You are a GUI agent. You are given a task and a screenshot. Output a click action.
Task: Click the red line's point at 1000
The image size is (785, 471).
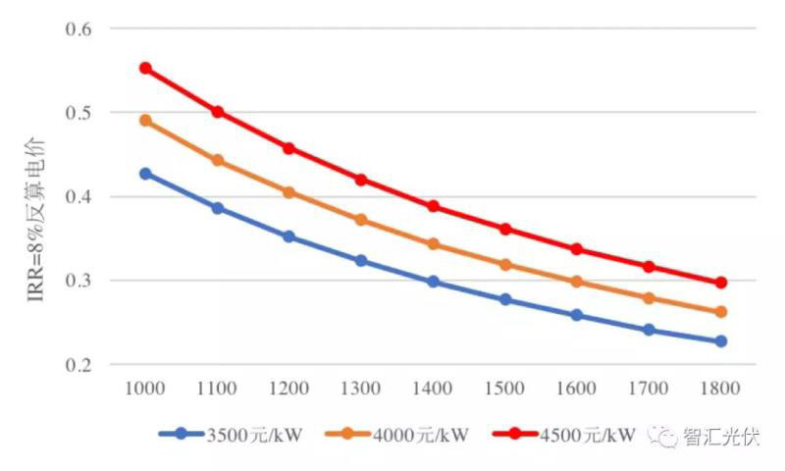(145, 69)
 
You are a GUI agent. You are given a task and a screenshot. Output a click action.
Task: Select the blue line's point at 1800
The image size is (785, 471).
(720, 341)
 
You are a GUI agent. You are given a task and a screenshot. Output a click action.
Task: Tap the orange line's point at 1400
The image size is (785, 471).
(433, 244)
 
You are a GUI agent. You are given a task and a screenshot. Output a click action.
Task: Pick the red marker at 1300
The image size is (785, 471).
(361, 180)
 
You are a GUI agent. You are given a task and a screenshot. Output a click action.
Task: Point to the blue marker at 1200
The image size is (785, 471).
(288, 236)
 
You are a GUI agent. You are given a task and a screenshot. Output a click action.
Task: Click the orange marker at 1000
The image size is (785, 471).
(145, 121)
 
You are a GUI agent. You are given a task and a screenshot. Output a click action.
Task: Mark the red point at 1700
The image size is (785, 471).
(649, 267)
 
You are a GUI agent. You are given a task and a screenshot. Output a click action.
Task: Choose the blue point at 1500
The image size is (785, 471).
(505, 299)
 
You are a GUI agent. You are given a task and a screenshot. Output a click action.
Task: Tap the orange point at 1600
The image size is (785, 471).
(577, 282)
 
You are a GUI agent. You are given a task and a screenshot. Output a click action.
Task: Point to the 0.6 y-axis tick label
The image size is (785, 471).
(78, 28)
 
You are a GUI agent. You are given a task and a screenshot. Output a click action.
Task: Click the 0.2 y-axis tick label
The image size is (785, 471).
(78, 364)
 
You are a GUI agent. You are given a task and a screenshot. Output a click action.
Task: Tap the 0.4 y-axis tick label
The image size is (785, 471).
(78, 196)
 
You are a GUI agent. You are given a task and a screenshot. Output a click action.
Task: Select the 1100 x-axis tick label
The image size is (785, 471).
(217, 388)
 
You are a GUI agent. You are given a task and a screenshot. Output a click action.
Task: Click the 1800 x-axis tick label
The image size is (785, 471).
(720, 388)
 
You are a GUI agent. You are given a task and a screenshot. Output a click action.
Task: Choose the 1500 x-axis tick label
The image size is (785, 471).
(505, 388)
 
